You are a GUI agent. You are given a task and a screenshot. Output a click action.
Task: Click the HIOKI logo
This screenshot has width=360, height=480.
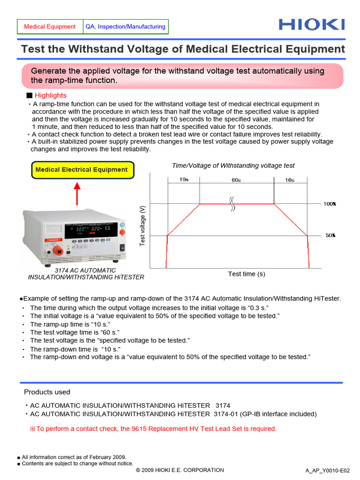pyautogui.click(x=311, y=25)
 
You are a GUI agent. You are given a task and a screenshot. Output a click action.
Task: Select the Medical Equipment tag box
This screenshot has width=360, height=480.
pyautogui.click(x=50, y=27)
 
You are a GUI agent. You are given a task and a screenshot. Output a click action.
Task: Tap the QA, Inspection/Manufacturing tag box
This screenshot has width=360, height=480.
pyautogui.click(x=125, y=27)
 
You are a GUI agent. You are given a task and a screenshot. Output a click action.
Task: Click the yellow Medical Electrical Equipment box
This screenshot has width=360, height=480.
pyautogui.click(x=82, y=170)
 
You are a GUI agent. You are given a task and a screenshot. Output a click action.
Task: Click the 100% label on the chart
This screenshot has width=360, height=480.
pyautogui.click(x=330, y=204)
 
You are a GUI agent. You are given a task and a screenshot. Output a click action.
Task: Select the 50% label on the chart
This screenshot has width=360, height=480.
pyautogui.click(x=330, y=235)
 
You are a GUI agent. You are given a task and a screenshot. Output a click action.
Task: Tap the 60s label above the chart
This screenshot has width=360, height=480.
pyautogui.click(x=236, y=180)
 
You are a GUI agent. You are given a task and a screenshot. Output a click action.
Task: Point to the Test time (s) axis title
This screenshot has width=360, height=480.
pyautogui.click(x=247, y=274)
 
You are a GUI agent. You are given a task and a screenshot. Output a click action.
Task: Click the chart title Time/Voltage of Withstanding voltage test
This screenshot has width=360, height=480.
pyautogui.click(x=233, y=165)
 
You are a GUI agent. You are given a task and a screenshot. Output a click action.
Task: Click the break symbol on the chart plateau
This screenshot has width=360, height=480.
pyautogui.click(x=232, y=204)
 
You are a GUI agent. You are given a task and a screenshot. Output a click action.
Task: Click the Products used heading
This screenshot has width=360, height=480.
pyautogui.click(x=47, y=392)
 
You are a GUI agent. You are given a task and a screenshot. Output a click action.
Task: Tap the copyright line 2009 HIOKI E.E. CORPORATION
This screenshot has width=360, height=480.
pyautogui.click(x=180, y=470)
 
